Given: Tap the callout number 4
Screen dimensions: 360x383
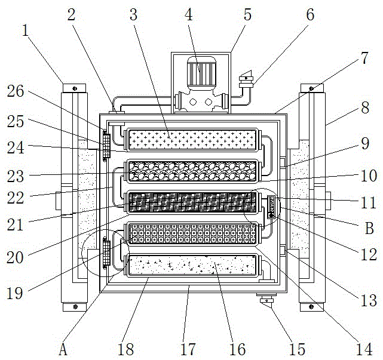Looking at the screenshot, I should [x=189, y=14].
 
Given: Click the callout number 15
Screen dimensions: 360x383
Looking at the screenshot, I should [x=298, y=348].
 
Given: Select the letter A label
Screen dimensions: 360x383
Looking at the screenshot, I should [x=63, y=347].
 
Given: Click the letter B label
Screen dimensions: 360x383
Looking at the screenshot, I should [x=369, y=227].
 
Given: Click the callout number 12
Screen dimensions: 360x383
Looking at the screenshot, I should [x=369, y=254].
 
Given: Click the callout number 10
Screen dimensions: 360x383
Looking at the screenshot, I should [x=369, y=177].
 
